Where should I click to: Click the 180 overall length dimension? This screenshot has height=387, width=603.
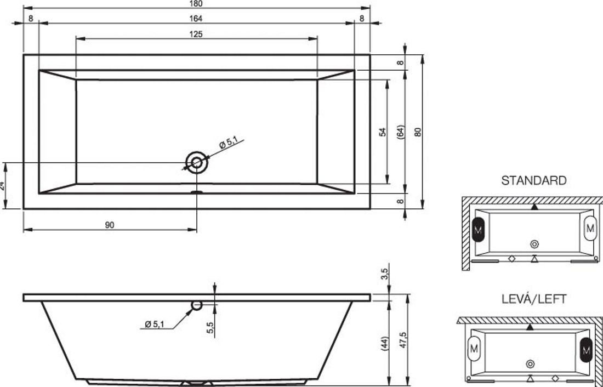196,3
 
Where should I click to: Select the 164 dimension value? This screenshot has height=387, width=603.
196,19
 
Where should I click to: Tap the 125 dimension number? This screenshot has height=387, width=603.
196,34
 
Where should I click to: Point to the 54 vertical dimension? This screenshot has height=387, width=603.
382,132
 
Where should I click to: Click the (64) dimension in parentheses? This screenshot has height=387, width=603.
400,132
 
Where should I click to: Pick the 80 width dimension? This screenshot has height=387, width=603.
418,132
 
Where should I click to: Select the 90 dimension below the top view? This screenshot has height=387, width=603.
110,225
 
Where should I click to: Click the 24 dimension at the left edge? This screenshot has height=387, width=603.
2,186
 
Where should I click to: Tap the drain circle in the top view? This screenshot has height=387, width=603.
197,163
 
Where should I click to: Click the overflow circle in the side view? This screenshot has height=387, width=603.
196,305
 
